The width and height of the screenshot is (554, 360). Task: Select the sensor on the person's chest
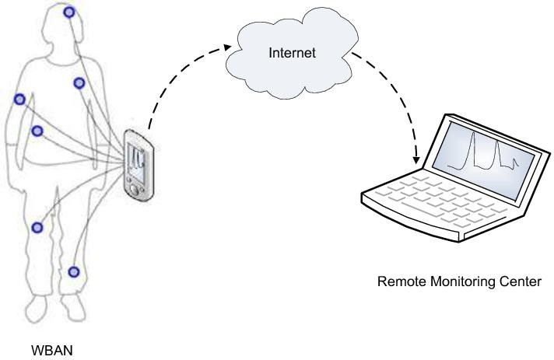tap(79, 82)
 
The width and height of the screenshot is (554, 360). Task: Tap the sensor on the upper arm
tap(19, 99)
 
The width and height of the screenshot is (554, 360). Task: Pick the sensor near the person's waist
tap(36, 131)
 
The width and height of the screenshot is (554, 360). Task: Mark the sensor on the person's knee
tap(36, 227)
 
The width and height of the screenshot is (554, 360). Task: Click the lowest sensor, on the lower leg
tap(74, 271)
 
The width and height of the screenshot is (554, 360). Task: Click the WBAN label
tap(51, 351)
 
